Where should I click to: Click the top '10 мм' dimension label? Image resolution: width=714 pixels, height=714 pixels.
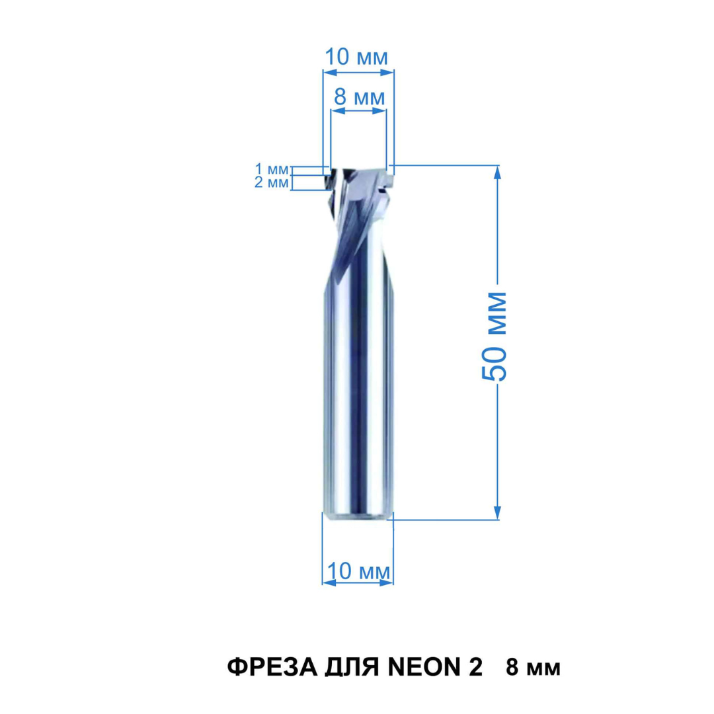(356, 58)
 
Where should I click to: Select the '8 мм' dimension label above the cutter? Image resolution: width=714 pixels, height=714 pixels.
(359, 97)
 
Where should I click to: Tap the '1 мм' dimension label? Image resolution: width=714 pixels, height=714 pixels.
(272, 169)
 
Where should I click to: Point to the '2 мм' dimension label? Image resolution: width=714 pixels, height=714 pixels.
(272, 182)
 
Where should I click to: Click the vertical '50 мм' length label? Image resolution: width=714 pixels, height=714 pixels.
(494, 336)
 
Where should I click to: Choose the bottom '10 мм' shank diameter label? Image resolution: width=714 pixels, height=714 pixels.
(358, 571)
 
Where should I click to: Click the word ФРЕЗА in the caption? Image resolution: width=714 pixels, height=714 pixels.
(272, 668)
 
